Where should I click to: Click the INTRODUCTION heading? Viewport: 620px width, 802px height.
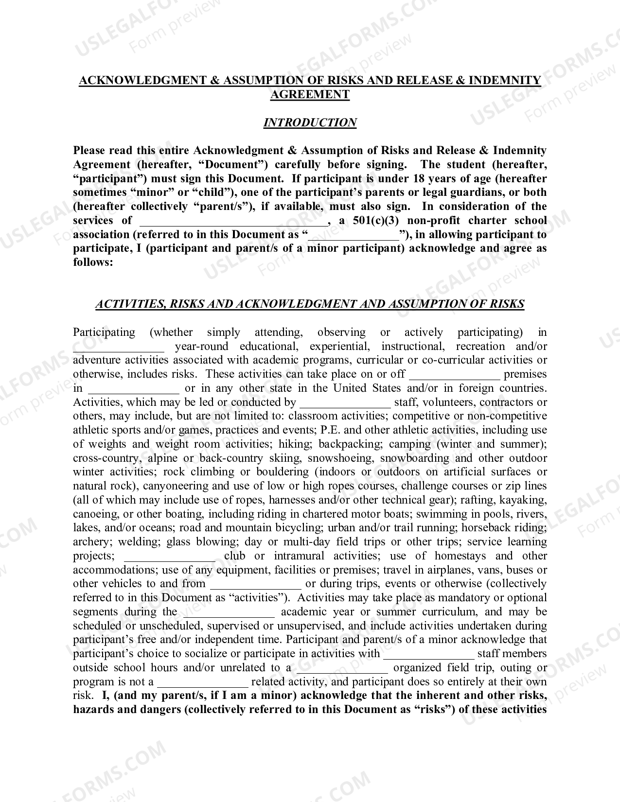click(310, 122)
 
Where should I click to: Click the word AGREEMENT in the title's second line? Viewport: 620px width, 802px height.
click(310, 94)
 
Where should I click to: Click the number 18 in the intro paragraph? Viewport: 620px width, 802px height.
click(419, 178)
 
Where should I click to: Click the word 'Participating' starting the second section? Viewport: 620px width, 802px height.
click(104, 332)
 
